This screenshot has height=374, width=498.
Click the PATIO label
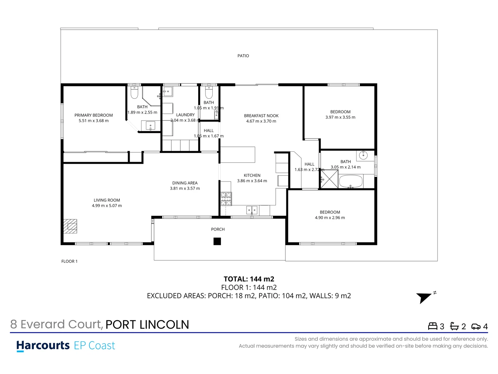[243, 56]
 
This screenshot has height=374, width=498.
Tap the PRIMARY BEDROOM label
[93, 115]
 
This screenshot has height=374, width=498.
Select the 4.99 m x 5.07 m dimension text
[107, 206]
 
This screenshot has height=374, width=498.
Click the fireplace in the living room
[70, 226]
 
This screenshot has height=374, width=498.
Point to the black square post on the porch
[217, 241]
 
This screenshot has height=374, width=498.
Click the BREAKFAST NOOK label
[261, 116]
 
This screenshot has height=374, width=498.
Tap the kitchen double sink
[252, 210]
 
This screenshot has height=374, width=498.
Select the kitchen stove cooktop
[226, 199]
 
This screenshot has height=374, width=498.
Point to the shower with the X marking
[329, 179]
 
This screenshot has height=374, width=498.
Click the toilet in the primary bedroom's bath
[134, 92]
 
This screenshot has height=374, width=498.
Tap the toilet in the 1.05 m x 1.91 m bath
[209, 92]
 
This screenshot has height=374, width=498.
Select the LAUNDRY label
[185, 115]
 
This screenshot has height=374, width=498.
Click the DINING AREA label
[185, 183]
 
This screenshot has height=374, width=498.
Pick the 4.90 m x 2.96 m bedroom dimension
[330, 218]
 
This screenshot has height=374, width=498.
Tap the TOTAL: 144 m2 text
[249, 279]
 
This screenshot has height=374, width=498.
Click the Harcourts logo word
[43, 345]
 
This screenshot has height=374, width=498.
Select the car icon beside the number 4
[476, 326]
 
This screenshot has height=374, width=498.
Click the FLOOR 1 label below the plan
[70, 261]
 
